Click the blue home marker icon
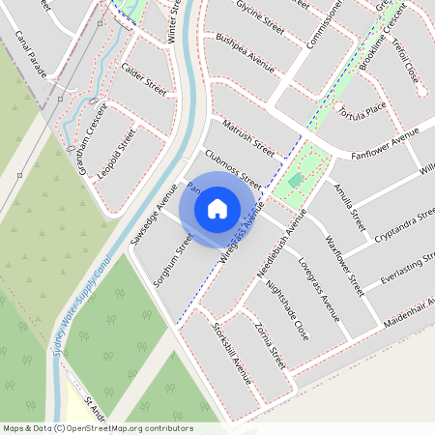(217, 208)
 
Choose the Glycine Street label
(260, 17)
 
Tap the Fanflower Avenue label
(384, 144)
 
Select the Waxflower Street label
(344, 263)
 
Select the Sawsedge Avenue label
(154, 212)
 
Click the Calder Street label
(144, 80)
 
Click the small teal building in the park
(295, 181)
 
